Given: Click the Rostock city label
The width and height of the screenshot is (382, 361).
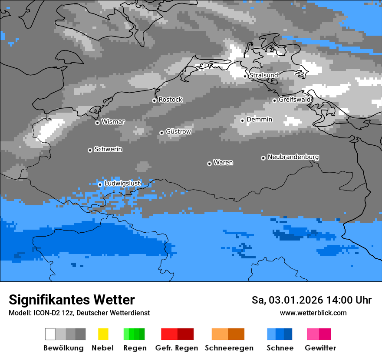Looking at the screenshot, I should [171, 100].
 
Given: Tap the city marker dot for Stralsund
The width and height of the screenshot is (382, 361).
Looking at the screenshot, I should [245, 76].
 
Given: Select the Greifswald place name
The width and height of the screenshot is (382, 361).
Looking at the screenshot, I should [295, 100].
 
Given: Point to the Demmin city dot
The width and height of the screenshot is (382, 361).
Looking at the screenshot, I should [243, 120].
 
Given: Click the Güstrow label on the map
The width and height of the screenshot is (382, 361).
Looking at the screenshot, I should [178, 131].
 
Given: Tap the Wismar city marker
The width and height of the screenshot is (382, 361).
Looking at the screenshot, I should [97, 123].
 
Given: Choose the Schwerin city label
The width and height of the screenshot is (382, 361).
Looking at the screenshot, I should [108, 149].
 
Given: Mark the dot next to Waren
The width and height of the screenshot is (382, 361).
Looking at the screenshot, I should [209, 164].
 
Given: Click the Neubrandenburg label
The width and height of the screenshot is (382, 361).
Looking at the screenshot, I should [293, 157].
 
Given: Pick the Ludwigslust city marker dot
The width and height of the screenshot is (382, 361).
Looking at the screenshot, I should [100, 184].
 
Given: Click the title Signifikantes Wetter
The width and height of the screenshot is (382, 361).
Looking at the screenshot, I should [72, 300].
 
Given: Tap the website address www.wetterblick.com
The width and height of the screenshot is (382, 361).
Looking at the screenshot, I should [313, 313].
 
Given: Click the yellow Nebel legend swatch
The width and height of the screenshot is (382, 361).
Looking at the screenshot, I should [103, 334].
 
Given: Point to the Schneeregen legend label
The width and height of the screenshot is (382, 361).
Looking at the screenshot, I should [229, 348].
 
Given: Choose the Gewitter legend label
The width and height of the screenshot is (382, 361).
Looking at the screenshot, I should [320, 348].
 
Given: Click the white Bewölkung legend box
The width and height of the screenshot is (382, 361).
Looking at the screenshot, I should [50, 334].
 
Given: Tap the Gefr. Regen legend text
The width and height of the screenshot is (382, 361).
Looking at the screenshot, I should [177, 348].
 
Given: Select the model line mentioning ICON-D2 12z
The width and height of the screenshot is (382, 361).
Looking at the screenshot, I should [79, 313].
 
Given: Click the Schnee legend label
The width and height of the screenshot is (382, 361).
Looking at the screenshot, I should [280, 348].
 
